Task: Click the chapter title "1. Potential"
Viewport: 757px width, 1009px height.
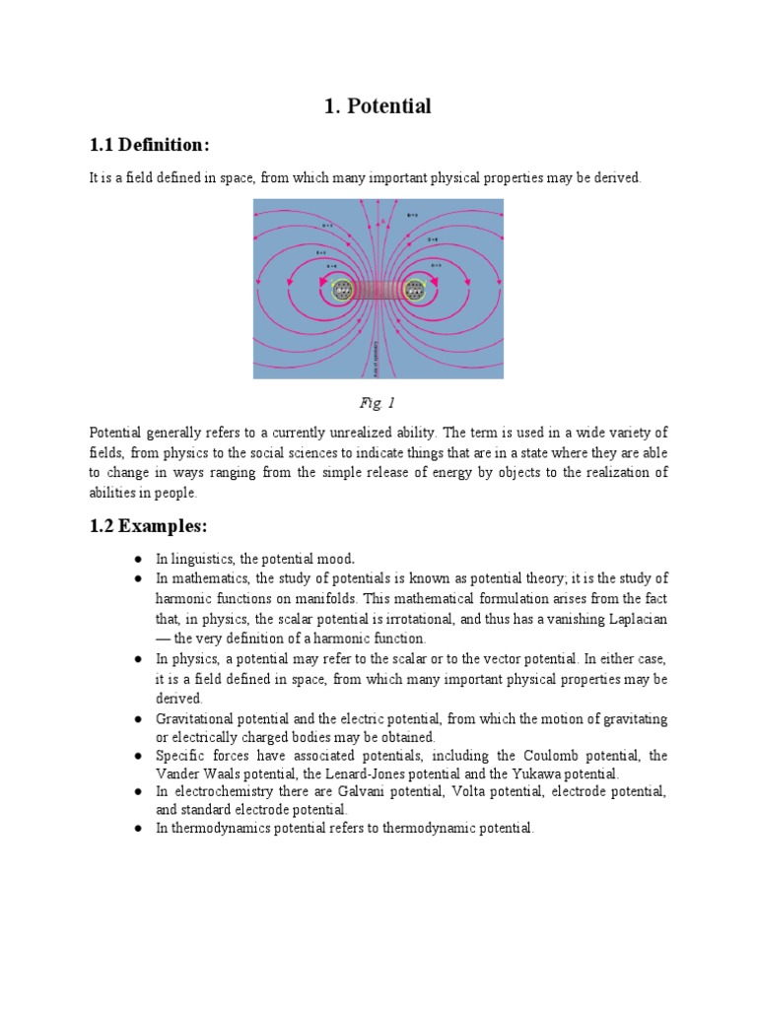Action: point(378,106)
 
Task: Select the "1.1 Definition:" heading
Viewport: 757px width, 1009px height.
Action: point(150,146)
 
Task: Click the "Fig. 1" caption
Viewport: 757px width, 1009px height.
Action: point(378,403)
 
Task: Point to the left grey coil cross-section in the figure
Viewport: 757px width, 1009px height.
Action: point(342,290)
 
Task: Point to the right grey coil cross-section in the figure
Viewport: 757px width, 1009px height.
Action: point(414,290)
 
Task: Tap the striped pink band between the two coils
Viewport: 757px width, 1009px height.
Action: point(378,290)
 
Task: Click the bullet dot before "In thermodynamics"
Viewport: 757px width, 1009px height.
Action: point(139,829)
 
